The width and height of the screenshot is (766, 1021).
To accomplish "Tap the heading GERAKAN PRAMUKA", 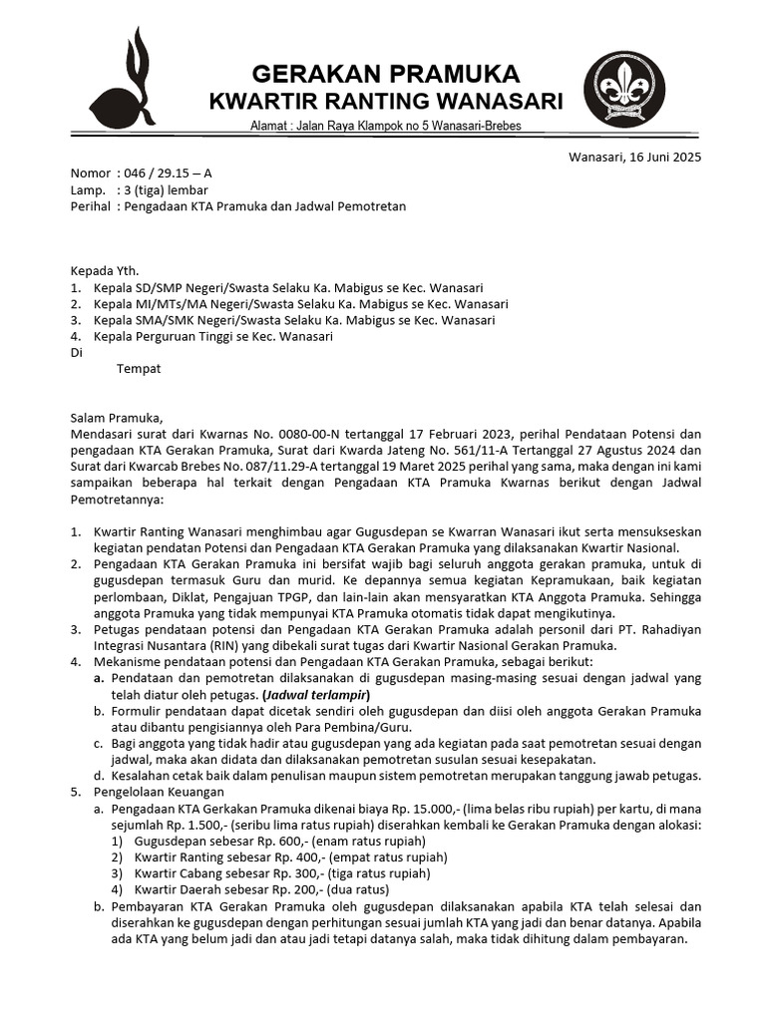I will (385, 74).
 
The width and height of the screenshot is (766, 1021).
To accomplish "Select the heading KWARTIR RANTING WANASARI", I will (385, 102).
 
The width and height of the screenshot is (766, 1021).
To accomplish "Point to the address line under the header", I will (385, 126).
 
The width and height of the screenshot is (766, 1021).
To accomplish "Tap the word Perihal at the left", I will (90, 207).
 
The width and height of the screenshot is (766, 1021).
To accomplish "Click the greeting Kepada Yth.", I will (105, 270).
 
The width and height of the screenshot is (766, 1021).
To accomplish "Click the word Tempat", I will (139, 369).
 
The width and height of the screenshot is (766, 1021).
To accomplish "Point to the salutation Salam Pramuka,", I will (115, 418).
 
